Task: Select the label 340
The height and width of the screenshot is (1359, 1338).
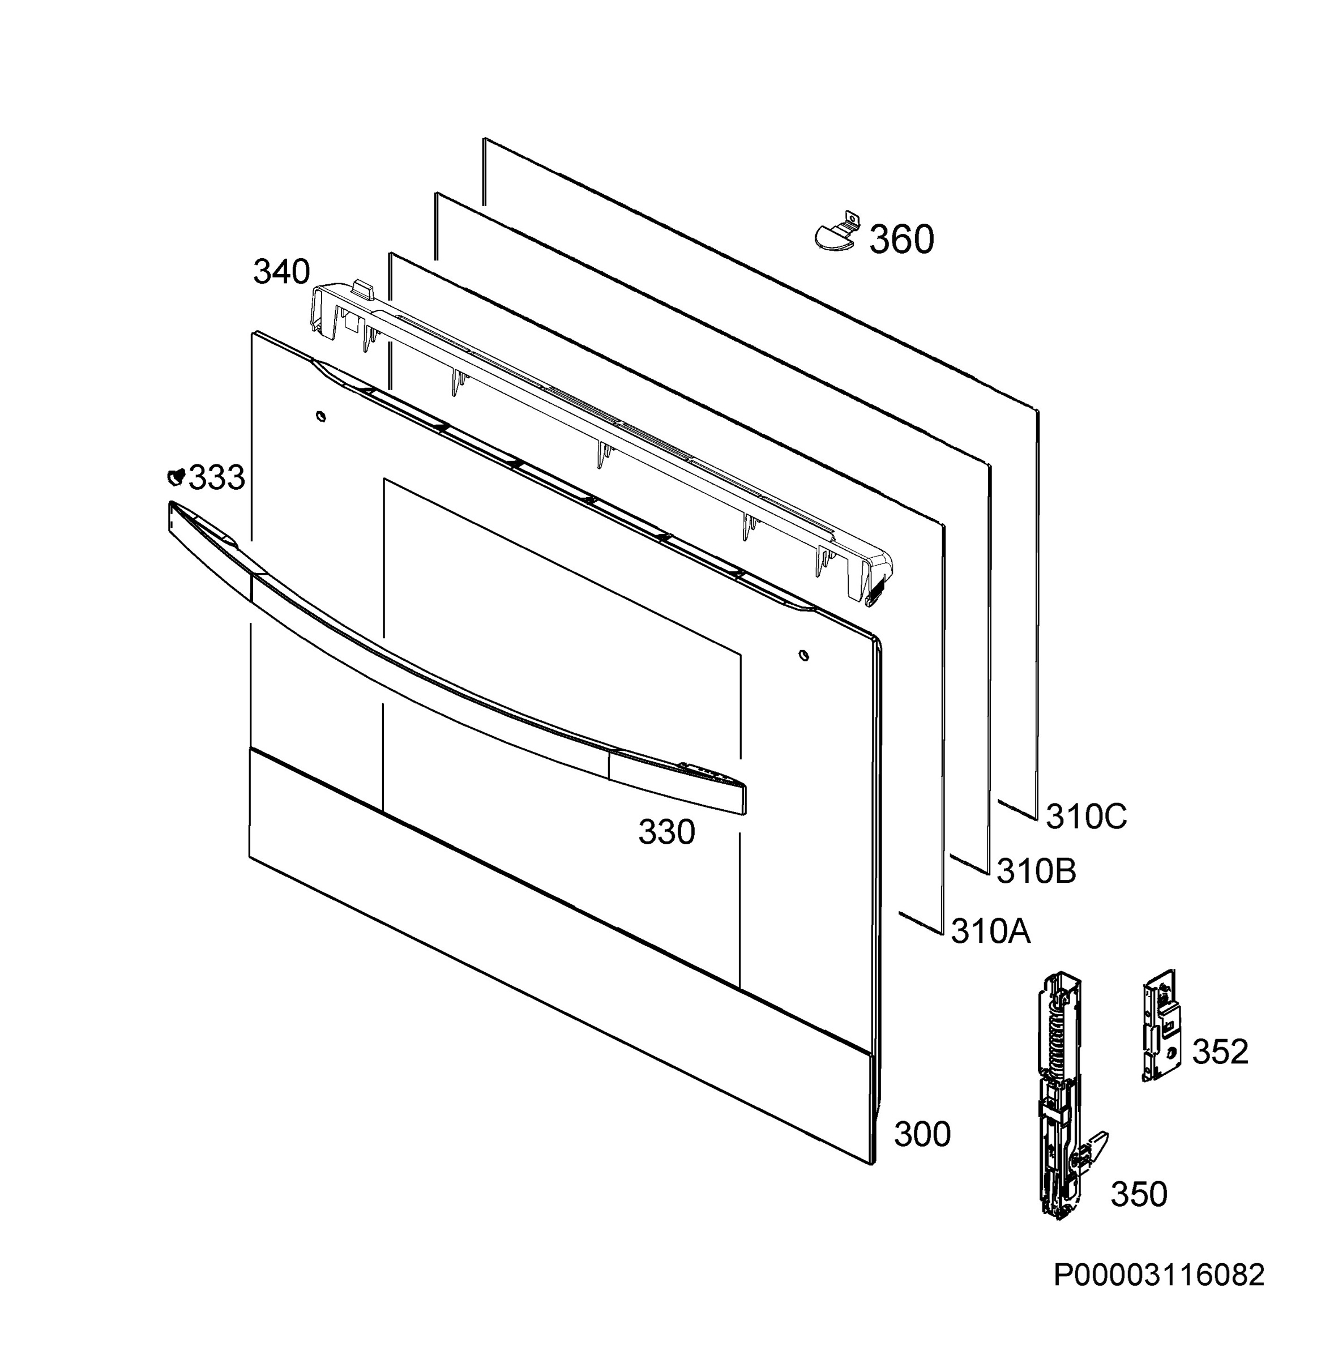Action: point(282,272)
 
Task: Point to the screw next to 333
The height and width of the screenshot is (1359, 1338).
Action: point(175,477)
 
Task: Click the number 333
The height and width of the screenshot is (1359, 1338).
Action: point(217,478)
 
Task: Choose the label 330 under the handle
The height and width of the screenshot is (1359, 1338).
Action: point(666,832)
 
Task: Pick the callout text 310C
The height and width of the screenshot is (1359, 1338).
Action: point(1087,817)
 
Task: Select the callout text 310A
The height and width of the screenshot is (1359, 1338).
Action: point(991,932)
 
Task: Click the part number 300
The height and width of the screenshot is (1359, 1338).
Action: point(922,1134)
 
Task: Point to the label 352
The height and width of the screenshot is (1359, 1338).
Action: point(1220,1052)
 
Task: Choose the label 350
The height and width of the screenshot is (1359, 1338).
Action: point(1139,1194)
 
